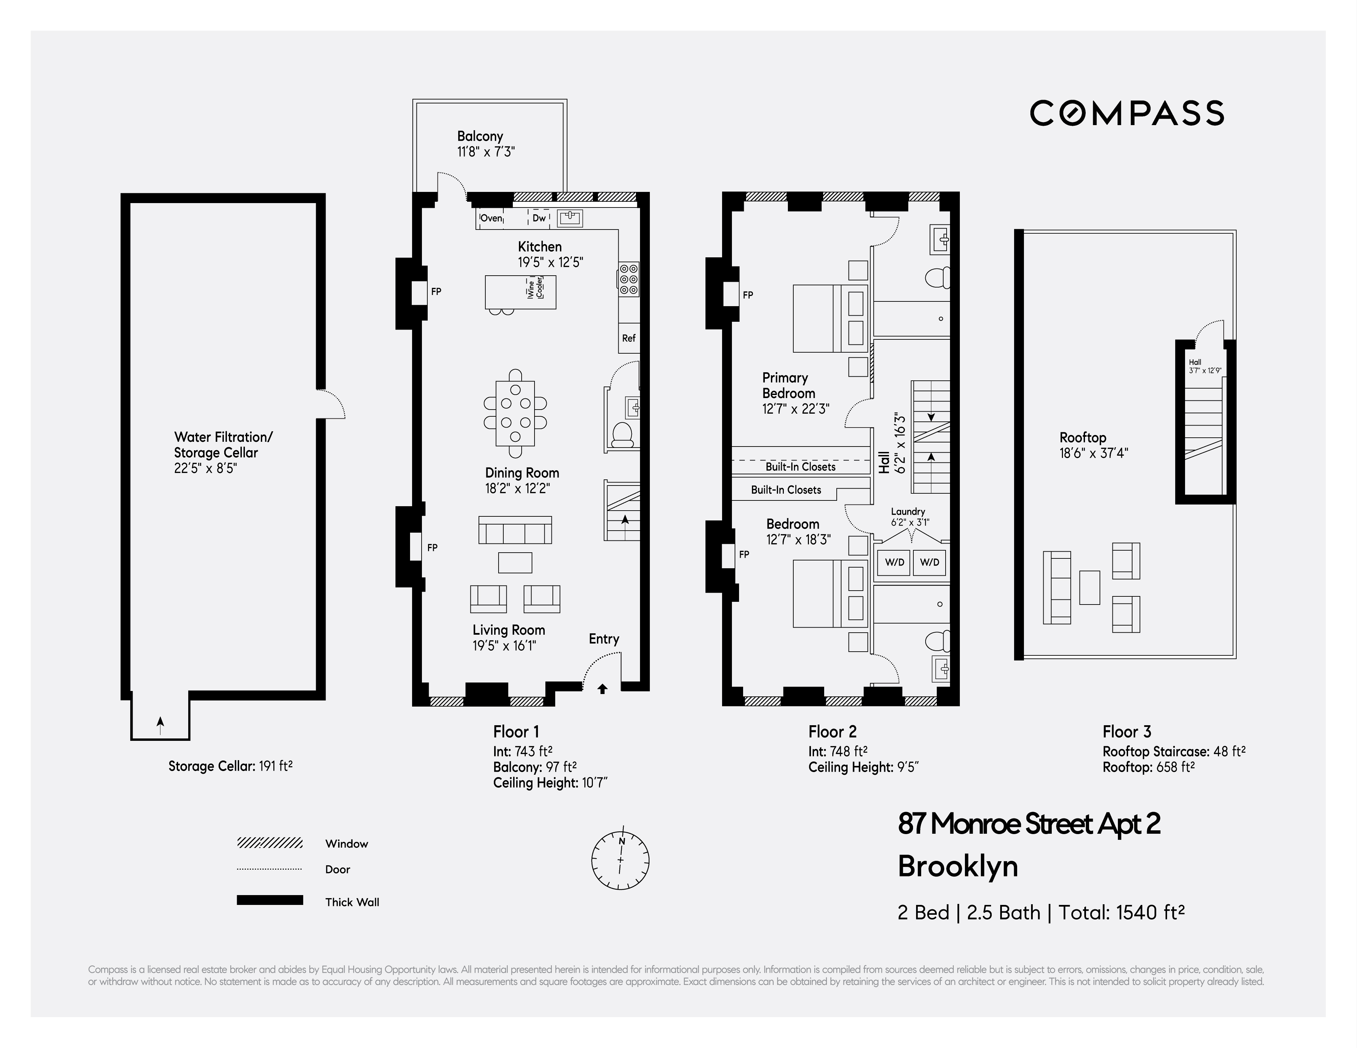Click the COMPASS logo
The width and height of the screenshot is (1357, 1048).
tap(1126, 113)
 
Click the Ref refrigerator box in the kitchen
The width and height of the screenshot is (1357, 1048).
tap(629, 338)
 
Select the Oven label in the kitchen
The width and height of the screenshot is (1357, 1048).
tap(491, 218)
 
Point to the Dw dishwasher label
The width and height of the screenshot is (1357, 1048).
tap(539, 218)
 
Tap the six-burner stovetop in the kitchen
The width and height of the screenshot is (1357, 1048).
tap(628, 280)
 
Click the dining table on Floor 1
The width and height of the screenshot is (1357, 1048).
tap(515, 413)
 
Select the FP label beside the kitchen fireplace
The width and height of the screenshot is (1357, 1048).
tap(436, 291)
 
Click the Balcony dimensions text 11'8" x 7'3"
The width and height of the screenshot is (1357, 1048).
tap(486, 152)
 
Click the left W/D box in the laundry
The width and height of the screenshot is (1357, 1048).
tap(894, 562)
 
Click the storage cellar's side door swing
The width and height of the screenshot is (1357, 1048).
tap(331, 404)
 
